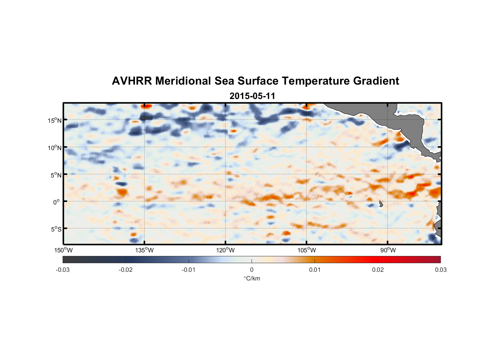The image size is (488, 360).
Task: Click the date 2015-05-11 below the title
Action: (252, 96)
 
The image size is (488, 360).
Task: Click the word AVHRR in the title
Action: (131, 81)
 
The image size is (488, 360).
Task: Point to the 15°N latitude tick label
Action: (55, 120)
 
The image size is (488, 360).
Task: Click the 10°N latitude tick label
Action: (55, 148)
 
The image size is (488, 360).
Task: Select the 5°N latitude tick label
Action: (56, 175)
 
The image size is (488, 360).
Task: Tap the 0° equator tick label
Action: (57, 202)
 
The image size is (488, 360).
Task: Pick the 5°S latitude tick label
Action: (56, 229)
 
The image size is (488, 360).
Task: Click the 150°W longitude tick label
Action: (64, 250)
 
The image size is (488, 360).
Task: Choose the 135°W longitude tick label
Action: (145, 250)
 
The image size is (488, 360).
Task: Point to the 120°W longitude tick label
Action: (226, 250)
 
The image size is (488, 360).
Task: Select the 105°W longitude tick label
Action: (307, 250)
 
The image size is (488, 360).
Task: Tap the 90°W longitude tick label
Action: (388, 250)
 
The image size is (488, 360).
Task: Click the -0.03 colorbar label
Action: (63, 270)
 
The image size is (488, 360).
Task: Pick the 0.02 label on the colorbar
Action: (378, 270)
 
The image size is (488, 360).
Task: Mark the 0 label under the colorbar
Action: (252, 270)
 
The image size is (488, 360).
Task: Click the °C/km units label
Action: (252, 278)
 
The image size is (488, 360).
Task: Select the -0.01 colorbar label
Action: (189, 270)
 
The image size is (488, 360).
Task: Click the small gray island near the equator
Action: (381, 204)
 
